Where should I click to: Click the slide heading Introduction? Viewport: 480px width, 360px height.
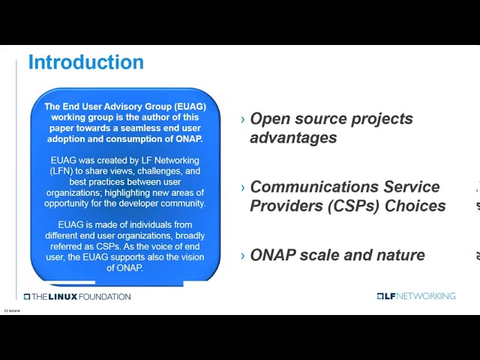coord(85,62)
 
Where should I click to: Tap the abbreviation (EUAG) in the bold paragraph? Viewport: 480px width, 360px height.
coord(185,106)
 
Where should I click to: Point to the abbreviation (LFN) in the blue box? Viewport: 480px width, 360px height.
coord(61,171)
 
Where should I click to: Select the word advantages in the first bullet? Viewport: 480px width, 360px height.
coord(293,138)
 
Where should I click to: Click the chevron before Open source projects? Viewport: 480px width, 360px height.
coord(242,120)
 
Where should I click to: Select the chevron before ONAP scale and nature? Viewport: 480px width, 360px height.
coord(242,256)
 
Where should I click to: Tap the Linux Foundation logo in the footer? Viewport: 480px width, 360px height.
coord(76,296)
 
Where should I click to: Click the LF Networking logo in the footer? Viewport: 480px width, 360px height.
coord(415,296)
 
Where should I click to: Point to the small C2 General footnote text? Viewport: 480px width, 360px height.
coord(12,310)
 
